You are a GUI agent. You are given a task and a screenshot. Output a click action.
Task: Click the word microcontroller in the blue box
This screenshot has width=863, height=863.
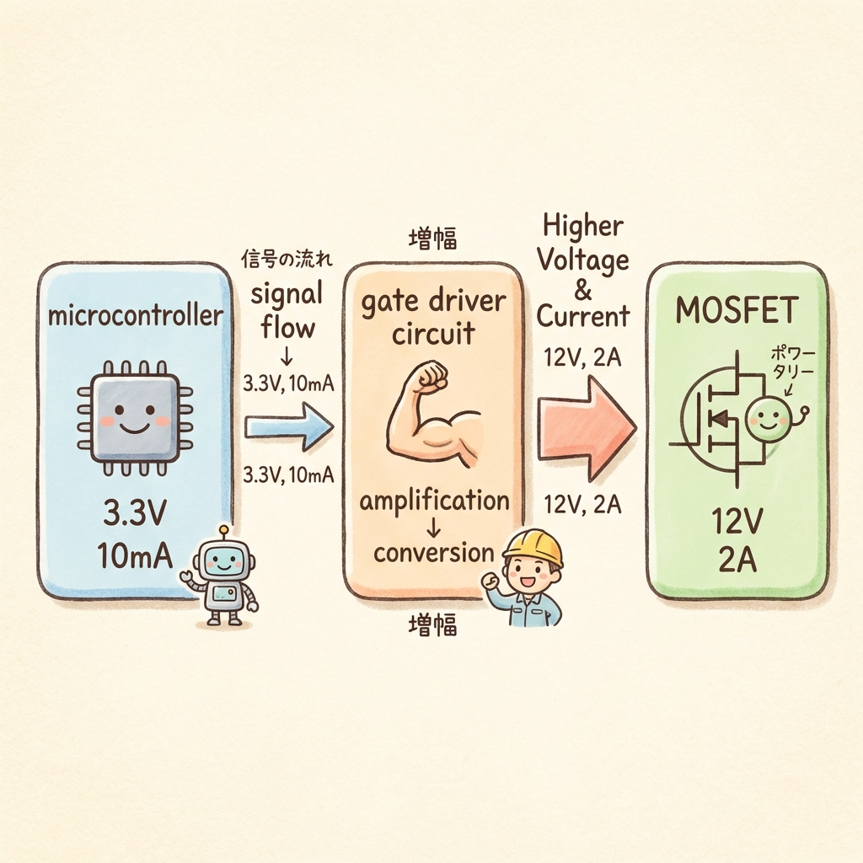pyautogui.click(x=136, y=317)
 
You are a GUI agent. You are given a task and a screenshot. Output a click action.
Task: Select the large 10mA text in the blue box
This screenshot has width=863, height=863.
pyautogui.click(x=135, y=555)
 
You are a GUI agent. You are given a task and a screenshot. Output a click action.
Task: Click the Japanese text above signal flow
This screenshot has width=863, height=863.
pyautogui.click(x=287, y=260)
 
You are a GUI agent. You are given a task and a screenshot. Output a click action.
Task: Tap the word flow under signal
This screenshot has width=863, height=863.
pyautogui.click(x=287, y=326)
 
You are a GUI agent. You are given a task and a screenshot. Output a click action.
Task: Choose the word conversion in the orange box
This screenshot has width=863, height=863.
pyautogui.click(x=433, y=553)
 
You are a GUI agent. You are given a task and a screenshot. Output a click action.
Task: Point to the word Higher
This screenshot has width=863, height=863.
pyautogui.click(x=582, y=226)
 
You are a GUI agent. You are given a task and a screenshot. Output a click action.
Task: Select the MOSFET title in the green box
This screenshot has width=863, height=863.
pyautogui.click(x=737, y=311)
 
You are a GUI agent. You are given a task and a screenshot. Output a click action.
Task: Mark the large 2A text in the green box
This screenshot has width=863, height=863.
pyautogui.click(x=736, y=560)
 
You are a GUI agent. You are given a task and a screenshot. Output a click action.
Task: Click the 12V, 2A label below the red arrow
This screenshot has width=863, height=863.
pyautogui.click(x=583, y=505)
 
